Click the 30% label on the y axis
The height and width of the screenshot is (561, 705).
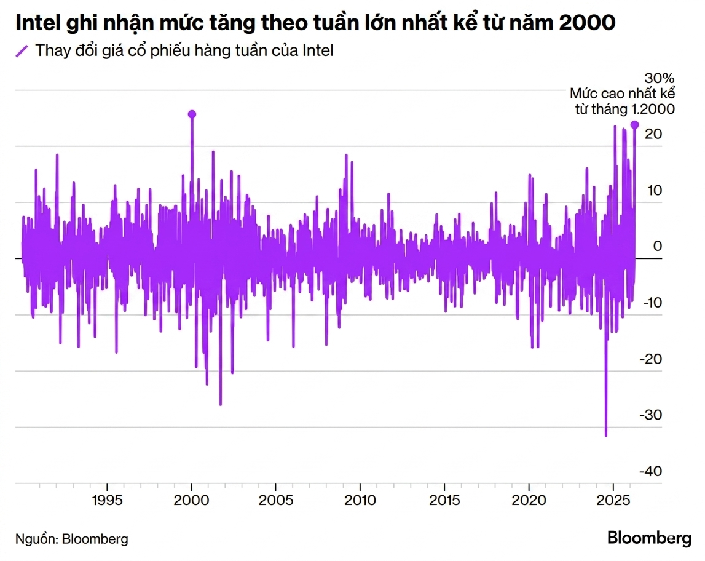pos(659,79)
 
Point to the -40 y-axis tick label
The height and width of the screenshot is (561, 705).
pos(650,471)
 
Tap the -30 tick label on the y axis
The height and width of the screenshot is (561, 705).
pos(650,415)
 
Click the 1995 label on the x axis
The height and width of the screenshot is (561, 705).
pos(107,500)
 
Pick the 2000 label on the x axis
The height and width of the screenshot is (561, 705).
pos(192,500)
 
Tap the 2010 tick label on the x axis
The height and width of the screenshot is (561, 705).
pos(360,500)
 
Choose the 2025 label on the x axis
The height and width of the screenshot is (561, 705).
pos(613,500)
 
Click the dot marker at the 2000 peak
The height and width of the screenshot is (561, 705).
pos(192,114)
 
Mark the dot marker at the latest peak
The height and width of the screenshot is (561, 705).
pos(634,125)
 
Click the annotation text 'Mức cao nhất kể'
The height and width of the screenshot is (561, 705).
pos(622,94)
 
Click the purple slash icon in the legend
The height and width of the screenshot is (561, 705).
pos(22,51)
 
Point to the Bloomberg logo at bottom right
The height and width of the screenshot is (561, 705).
pos(649,538)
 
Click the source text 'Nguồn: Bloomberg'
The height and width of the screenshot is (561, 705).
pos(72,539)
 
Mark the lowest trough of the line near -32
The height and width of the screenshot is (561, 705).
pos(605,436)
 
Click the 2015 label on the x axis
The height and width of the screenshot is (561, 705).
pos(444,500)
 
